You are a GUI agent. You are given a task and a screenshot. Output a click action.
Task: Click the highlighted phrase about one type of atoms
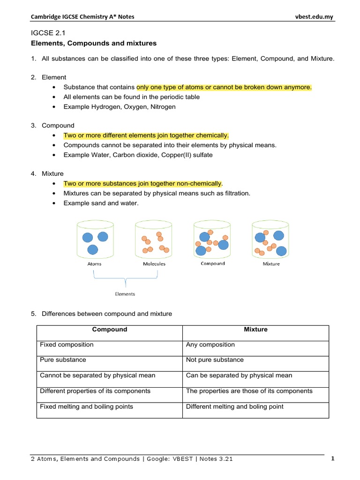(x=224, y=87)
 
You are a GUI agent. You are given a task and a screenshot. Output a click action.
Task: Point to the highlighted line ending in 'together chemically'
(x=146, y=135)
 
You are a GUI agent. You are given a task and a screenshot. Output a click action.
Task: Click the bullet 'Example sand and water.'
(x=101, y=203)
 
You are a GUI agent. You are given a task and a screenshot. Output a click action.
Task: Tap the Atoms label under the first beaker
(x=94, y=264)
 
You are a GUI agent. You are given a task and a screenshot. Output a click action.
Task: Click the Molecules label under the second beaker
(x=154, y=264)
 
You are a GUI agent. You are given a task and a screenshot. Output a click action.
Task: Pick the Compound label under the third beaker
(x=212, y=263)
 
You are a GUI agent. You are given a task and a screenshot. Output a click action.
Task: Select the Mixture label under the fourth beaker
(x=271, y=264)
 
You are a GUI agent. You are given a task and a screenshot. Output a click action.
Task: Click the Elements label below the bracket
(x=125, y=294)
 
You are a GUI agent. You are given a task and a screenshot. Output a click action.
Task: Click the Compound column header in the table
(x=109, y=330)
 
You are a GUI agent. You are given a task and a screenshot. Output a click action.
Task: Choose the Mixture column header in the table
(x=255, y=330)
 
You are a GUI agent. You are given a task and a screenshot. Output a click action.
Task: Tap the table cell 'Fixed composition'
(x=67, y=345)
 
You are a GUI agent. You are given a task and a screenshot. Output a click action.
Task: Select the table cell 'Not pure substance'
(x=215, y=360)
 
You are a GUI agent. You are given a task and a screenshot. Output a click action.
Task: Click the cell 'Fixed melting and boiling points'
(x=86, y=406)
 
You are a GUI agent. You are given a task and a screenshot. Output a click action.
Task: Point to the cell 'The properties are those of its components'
(x=249, y=391)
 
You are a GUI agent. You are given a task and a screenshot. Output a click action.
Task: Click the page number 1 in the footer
(x=332, y=459)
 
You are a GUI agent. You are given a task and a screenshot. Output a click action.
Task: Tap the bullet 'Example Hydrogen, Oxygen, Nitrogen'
(x=120, y=107)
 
